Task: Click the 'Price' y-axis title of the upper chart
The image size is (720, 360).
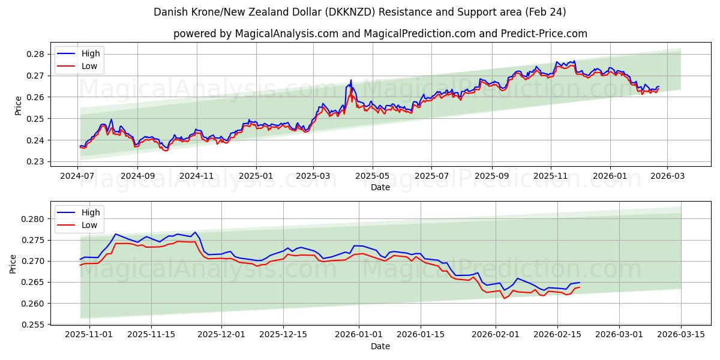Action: click(18, 106)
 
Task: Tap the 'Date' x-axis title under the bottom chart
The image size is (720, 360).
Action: click(380, 346)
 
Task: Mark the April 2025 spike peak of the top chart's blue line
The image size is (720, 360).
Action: click(351, 80)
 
